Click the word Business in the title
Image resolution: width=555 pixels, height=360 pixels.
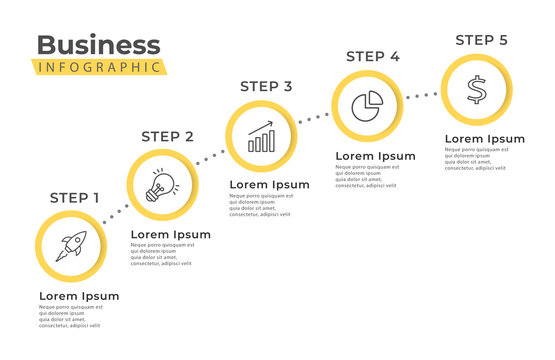98,45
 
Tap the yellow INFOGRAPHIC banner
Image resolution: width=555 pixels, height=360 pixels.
98,67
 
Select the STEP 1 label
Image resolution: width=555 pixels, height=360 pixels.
74,197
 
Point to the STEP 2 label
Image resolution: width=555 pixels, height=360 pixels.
167,136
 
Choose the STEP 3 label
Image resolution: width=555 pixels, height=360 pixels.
265,86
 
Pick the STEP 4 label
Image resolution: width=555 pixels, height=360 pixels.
372,56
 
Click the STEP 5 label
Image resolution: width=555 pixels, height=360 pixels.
481,40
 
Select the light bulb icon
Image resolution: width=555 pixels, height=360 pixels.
161,185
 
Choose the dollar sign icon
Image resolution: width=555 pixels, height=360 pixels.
477,90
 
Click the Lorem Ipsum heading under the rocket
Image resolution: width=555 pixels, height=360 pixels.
79,296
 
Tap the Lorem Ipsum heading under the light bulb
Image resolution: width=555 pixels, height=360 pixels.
171,235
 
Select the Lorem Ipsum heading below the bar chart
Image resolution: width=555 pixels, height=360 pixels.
269,185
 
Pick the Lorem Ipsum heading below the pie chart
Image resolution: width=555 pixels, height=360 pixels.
375,156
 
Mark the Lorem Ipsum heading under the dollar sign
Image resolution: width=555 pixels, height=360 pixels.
484,139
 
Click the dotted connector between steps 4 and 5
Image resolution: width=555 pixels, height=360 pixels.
421,96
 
